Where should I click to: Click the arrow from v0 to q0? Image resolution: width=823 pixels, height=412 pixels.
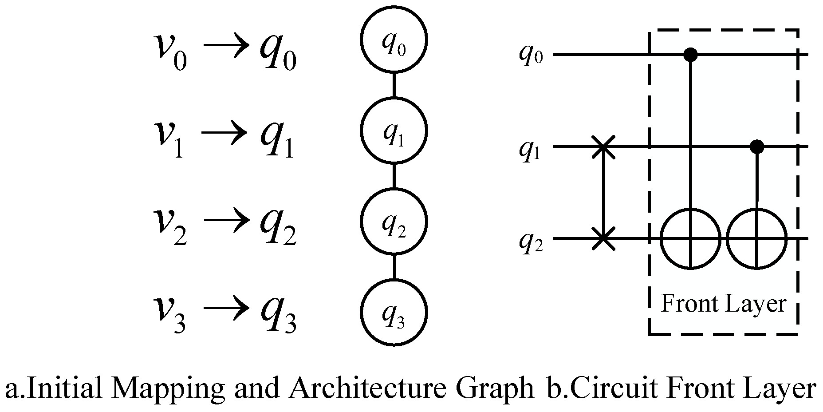225,46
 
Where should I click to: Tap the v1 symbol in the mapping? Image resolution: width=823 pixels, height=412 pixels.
169,135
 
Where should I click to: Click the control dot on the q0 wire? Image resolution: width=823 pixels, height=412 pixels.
690,55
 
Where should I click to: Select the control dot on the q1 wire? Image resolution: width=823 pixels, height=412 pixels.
756,146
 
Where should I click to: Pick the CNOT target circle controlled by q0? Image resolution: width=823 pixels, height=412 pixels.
690,239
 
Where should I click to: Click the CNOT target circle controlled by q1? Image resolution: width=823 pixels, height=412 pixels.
756,239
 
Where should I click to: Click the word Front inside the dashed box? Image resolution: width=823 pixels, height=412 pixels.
688,304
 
